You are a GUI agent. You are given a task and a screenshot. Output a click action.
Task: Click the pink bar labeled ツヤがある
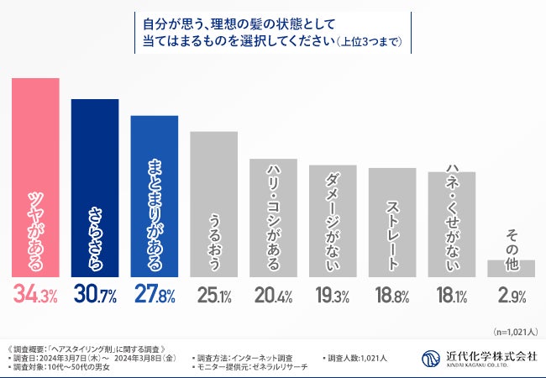pyautogui.click(x=34, y=177)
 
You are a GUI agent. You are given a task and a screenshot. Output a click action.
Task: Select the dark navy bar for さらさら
pyautogui.click(x=95, y=188)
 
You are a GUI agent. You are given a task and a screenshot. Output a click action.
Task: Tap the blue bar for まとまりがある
pyautogui.click(x=155, y=196)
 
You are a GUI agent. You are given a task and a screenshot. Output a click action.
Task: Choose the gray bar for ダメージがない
pyautogui.click(x=333, y=221)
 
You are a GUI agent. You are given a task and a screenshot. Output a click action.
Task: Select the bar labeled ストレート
pyautogui.click(x=392, y=223)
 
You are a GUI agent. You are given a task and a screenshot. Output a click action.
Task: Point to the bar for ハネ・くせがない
pyautogui.click(x=452, y=224)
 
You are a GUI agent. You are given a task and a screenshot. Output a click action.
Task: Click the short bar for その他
pyautogui.click(x=511, y=268)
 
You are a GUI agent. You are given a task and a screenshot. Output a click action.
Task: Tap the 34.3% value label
pyautogui.click(x=34, y=296)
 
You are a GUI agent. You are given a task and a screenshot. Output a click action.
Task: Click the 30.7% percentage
pyautogui.click(x=95, y=296)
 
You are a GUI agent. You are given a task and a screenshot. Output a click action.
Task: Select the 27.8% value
pyautogui.click(x=155, y=296)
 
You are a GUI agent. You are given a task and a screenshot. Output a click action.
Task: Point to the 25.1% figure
pyautogui.click(x=214, y=296)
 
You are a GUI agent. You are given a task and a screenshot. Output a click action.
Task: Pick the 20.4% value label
pyautogui.click(x=274, y=296)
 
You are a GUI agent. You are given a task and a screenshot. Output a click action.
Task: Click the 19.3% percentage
pyautogui.click(x=333, y=296)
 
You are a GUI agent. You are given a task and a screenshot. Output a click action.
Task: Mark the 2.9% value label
pyautogui.click(x=511, y=296)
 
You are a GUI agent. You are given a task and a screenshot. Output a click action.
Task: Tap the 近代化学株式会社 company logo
pyautogui.click(x=479, y=358)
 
